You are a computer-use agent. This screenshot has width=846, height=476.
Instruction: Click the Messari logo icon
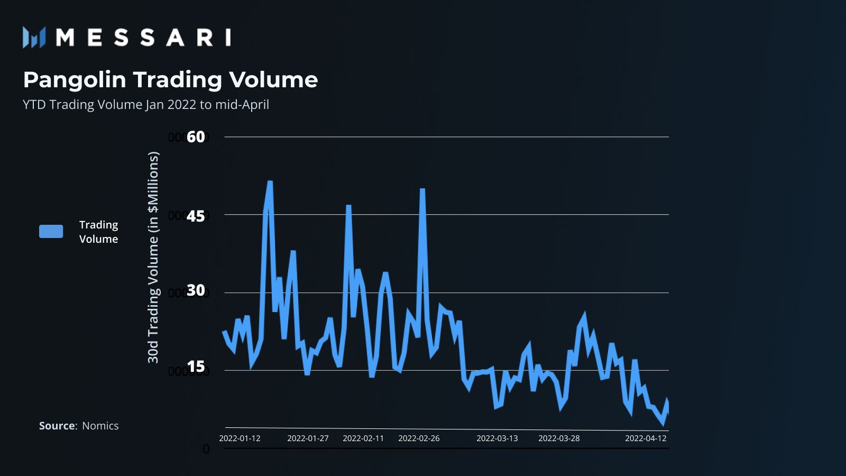point(34,38)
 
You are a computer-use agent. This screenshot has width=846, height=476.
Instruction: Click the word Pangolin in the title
point(75,80)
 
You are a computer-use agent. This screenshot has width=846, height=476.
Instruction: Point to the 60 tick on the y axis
point(196,137)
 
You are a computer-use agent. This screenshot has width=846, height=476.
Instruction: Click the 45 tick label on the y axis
point(196,216)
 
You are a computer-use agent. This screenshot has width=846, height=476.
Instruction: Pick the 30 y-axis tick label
point(196,290)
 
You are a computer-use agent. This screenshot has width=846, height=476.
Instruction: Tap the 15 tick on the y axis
point(196,367)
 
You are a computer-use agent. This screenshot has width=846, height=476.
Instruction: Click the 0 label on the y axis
point(206,449)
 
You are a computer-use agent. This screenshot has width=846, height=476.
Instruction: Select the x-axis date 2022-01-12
point(240,438)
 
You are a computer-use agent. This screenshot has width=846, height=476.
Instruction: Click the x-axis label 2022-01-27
point(308,438)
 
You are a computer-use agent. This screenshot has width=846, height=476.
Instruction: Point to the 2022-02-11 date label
point(363,438)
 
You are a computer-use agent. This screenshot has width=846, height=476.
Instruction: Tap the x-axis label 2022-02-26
point(419,438)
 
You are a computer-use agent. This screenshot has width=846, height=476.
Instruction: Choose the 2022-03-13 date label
point(497,438)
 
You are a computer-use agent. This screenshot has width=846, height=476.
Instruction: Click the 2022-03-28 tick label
point(559,438)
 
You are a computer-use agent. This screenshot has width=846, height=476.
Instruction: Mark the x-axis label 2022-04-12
point(646,438)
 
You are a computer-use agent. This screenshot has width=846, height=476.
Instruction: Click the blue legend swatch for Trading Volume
point(51,231)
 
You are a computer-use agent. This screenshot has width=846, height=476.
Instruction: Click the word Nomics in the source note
point(100,426)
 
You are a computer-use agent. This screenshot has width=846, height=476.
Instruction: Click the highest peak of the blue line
point(270,182)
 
